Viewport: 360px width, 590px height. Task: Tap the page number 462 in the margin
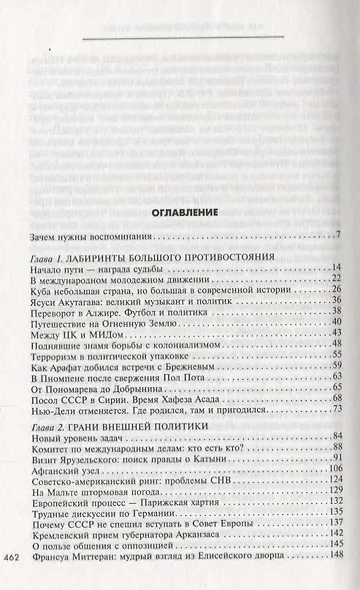18,557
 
